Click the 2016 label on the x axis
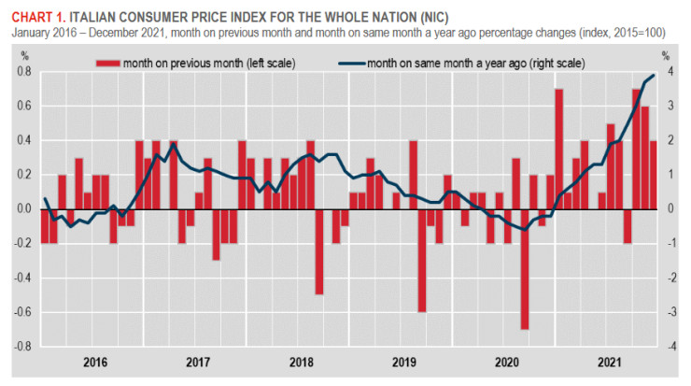point(92,361)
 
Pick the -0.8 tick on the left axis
point(23,345)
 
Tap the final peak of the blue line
point(653,75)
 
